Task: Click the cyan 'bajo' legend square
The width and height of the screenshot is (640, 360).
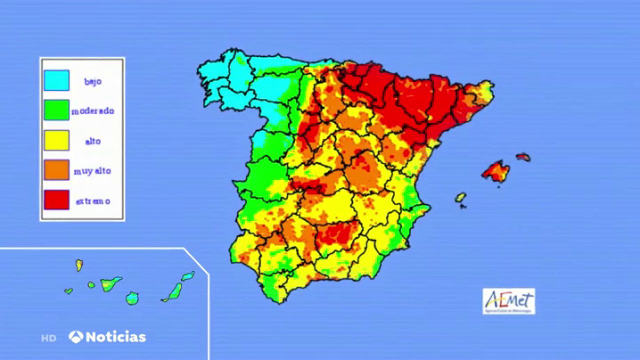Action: (56, 80)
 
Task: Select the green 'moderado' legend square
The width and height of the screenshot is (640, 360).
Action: (56, 110)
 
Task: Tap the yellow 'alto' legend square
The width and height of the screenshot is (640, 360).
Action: (56, 140)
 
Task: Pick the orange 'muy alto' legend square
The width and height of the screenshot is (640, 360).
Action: (56, 170)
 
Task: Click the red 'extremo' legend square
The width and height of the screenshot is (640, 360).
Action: (56, 200)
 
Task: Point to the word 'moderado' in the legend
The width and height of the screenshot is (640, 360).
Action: (92, 111)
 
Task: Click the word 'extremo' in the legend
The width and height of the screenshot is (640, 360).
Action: (92, 201)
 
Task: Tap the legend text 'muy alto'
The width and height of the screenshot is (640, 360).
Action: (92, 171)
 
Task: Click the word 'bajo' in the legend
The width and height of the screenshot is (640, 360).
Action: (92, 81)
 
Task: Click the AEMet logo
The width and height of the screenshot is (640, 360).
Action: (508, 301)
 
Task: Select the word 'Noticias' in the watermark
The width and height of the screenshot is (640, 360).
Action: (115, 337)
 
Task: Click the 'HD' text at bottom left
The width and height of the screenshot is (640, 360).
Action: (48, 338)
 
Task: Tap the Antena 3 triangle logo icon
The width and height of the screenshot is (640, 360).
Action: (76, 336)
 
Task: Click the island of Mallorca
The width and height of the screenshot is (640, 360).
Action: (496, 171)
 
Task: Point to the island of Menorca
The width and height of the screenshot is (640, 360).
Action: (523, 157)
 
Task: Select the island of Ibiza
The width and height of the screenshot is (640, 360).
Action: (460, 197)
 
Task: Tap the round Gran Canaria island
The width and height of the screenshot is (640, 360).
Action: (132, 298)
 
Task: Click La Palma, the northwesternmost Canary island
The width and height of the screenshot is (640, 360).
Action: (79, 265)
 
